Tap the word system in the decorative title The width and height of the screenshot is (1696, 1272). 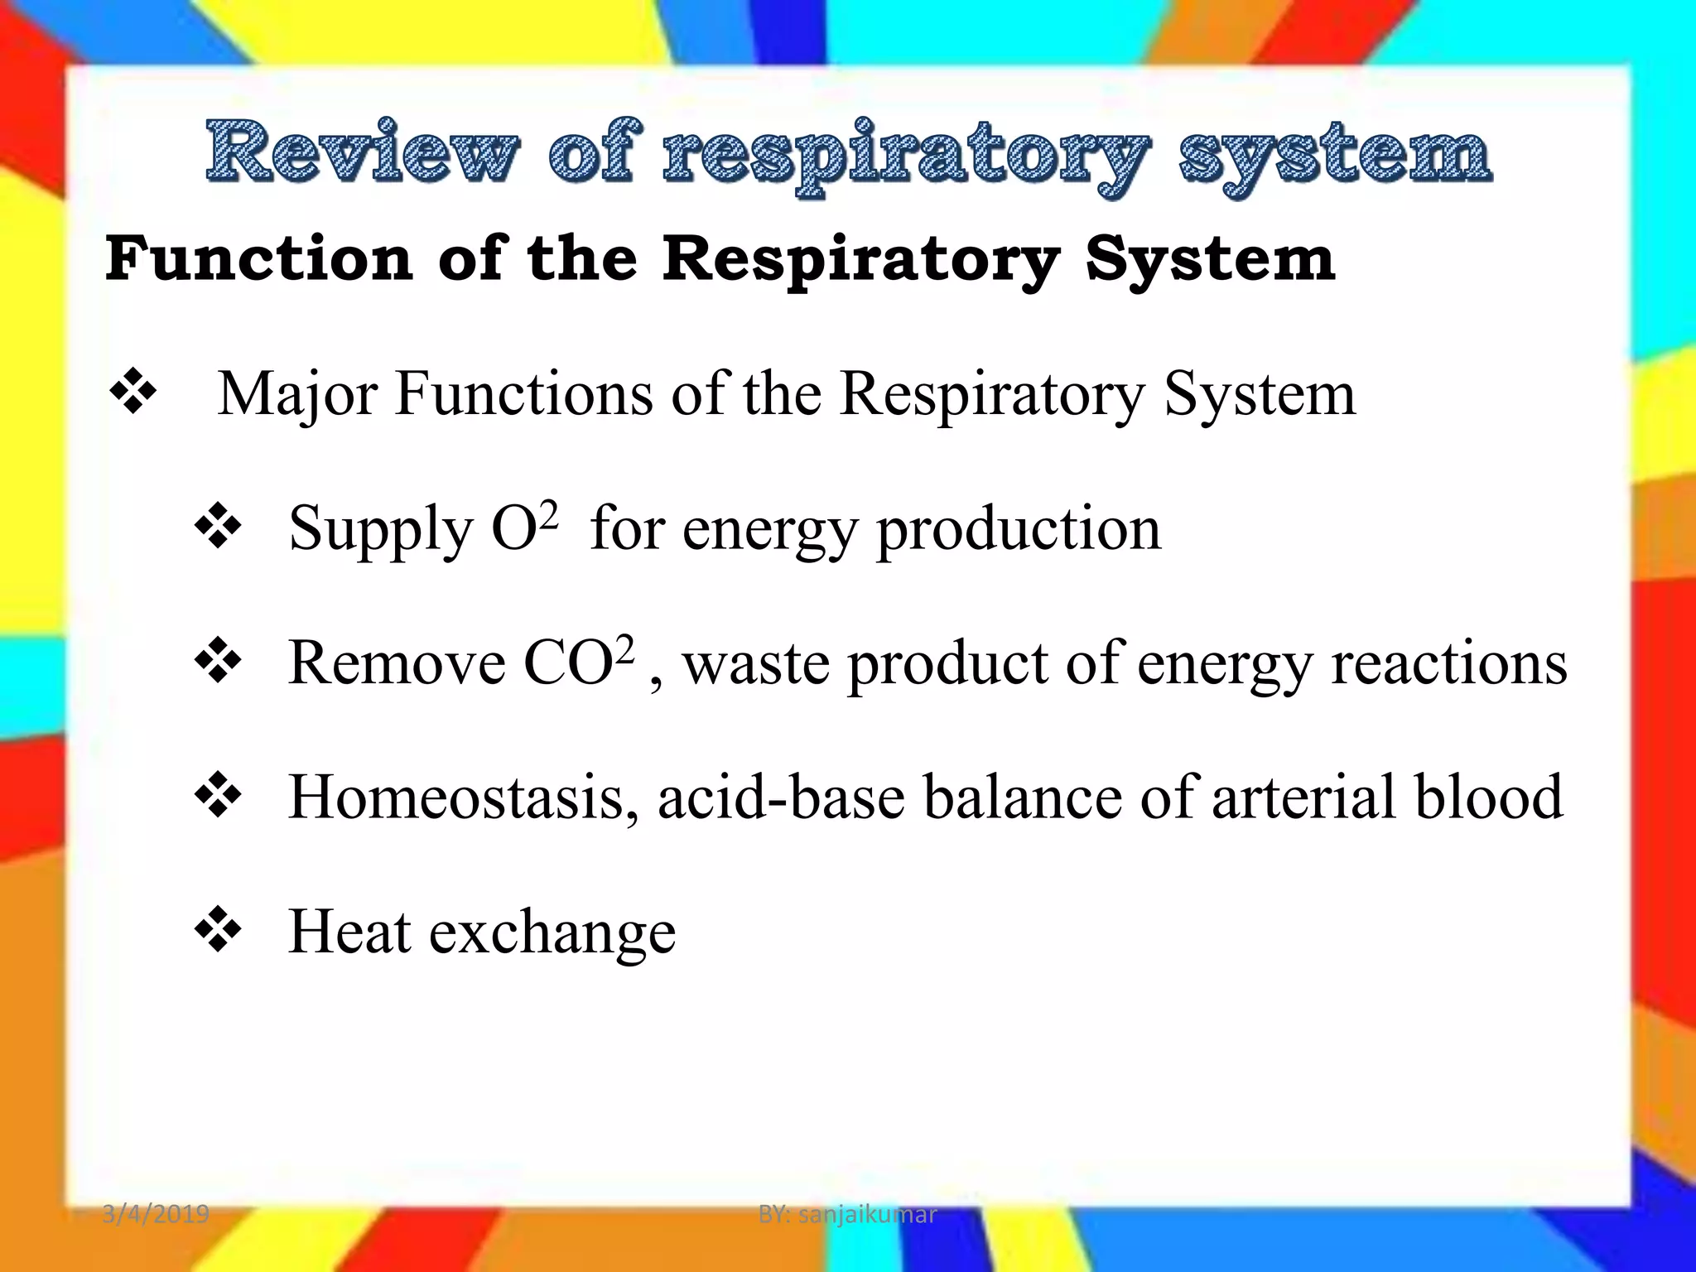(x=1335, y=153)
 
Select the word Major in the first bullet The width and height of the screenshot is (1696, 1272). (x=298, y=394)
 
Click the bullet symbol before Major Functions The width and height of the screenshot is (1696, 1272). (x=132, y=393)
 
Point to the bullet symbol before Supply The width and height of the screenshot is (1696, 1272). (x=218, y=527)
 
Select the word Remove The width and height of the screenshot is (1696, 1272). (x=397, y=663)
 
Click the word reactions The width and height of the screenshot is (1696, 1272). (x=1448, y=663)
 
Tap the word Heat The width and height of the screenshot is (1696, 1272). (x=349, y=932)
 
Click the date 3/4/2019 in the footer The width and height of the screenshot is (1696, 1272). (x=156, y=1214)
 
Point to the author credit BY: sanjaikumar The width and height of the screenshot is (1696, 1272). (x=847, y=1214)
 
